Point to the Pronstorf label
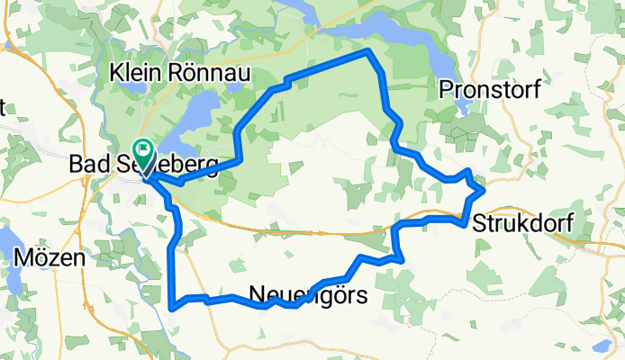coord(486,88)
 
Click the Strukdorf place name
coord(521,222)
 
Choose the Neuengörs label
coord(307,293)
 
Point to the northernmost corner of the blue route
coord(367,51)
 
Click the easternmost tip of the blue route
coord(484,190)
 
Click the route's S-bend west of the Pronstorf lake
coord(394,130)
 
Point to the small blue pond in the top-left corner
coord(6,36)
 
